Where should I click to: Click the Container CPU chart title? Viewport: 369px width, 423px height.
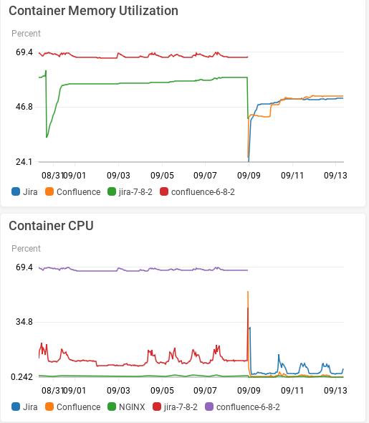[x=51, y=226]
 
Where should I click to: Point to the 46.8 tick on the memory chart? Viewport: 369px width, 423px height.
[x=24, y=107]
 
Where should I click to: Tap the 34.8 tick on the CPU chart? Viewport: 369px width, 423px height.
[x=24, y=322]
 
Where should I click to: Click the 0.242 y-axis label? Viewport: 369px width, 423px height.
[x=21, y=376]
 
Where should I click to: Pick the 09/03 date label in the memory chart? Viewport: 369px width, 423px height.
[x=118, y=174]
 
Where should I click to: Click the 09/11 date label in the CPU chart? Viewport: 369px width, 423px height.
[x=293, y=390]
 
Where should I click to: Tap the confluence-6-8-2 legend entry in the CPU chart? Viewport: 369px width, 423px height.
[x=247, y=407]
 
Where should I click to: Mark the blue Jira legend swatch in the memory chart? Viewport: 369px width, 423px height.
[x=16, y=192]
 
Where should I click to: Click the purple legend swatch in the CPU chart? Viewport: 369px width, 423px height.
[x=209, y=407]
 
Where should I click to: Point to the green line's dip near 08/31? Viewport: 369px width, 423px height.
[x=47, y=137]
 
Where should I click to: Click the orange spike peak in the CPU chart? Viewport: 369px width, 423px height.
[x=247, y=292]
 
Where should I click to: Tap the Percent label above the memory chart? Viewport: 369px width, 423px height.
[x=26, y=34]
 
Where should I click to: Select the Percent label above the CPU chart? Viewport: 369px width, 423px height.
[x=26, y=249]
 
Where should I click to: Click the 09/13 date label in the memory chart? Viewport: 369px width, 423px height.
[x=335, y=174]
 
